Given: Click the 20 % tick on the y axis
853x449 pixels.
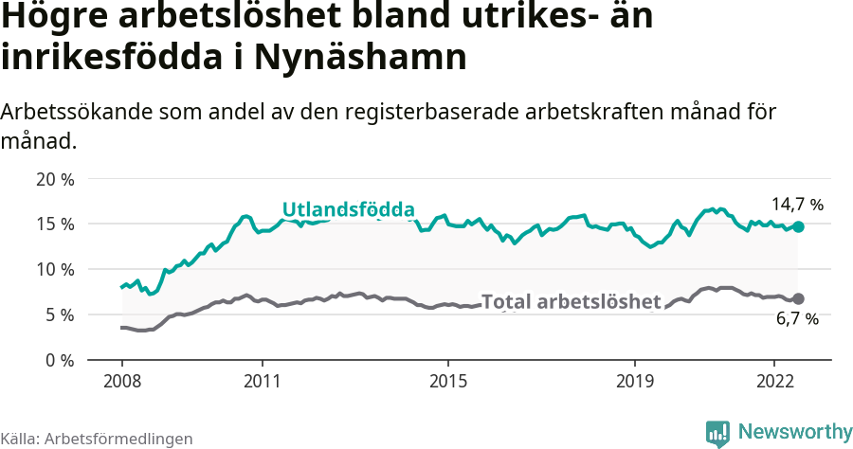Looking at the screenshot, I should click(55, 179).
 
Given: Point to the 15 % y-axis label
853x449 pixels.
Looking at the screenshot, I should click(55, 224).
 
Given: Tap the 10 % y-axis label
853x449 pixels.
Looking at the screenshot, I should click(55, 270).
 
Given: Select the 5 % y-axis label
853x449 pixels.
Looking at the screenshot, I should click(60, 315).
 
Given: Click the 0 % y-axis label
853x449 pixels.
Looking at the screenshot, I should click(60, 361).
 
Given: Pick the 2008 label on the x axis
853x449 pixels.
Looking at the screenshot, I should click(122, 383).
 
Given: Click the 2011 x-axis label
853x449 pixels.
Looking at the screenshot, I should click(262, 383).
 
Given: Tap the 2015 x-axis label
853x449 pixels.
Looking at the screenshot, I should click(448, 383).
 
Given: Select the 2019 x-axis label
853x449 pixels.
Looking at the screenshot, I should click(635, 383).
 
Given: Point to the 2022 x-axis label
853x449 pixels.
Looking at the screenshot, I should click(774, 383).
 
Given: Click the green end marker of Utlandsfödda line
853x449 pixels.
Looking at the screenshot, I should click(798, 226).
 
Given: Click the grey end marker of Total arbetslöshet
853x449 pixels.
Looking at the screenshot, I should click(798, 298).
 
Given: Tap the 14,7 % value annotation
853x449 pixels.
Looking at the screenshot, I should click(797, 204).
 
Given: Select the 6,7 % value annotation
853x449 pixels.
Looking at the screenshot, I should click(797, 320).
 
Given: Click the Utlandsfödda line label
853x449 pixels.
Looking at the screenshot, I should click(349, 209).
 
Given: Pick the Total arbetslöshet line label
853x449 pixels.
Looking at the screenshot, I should click(571, 302).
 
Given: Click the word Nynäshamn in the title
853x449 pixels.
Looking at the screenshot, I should click(360, 57).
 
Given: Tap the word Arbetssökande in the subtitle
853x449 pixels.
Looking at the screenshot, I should click(71, 112).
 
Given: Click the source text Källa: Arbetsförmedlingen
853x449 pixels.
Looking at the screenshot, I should click(97, 439).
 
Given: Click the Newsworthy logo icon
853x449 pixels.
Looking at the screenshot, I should click(717, 433).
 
